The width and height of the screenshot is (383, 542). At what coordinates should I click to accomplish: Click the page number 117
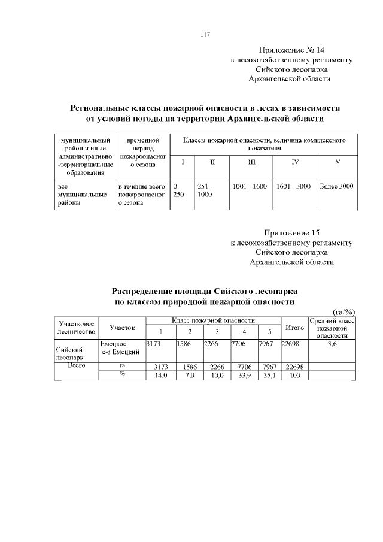pyautogui.click(x=205, y=34)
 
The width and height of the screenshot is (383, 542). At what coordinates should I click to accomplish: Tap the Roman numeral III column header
pyautogui.click(x=251, y=162)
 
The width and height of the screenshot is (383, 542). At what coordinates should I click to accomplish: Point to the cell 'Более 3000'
pyautogui.click(x=336, y=187)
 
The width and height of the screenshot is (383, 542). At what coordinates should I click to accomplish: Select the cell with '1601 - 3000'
pyautogui.click(x=293, y=187)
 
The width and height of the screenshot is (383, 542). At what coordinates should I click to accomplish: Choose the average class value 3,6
pyautogui.click(x=332, y=344)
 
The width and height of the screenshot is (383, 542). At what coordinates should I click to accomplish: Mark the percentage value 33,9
pyautogui.click(x=244, y=375)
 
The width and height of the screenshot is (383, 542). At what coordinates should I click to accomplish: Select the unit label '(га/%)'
pyautogui.click(x=344, y=311)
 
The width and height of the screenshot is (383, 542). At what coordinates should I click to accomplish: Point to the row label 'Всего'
pyautogui.click(x=77, y=365)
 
